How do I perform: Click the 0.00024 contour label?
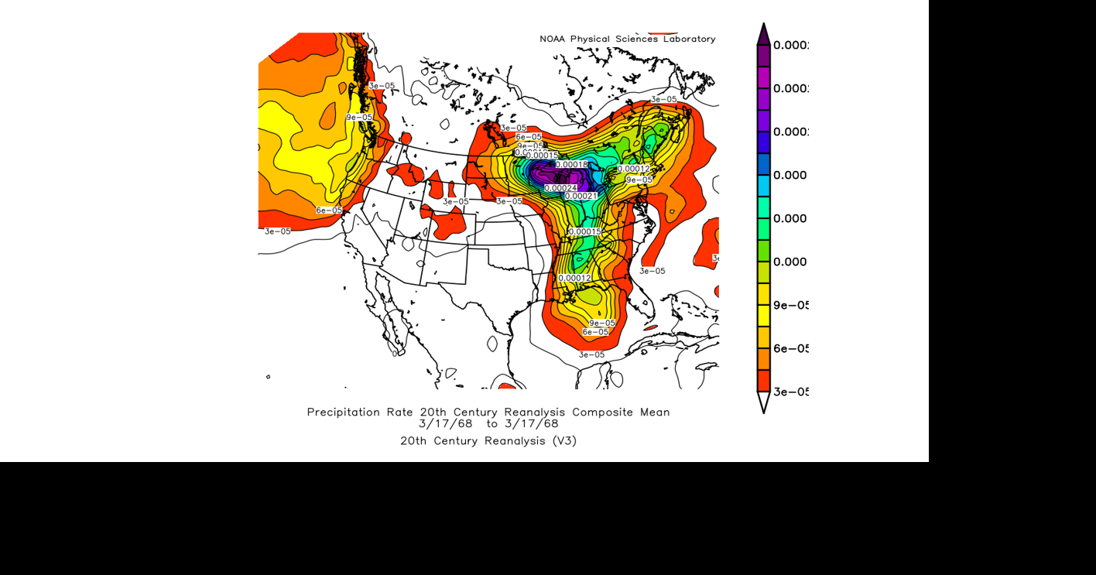tap(560, 188)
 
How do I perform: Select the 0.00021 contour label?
tap(581, 197)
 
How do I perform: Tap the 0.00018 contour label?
tap(571, 165)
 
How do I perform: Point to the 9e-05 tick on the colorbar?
tap(790, 306)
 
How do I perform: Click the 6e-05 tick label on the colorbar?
tap(790, 349)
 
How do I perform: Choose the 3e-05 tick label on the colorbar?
tap(790, 392)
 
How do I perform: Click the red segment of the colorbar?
tap(763, 381)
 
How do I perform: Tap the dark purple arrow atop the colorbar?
tap(763, 35)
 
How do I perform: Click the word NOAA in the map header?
tap(553, 39)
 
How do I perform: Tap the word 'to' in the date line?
tap(492, 424)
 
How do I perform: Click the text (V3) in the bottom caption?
tap(563, 441)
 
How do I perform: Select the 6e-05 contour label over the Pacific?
tap(328, 210)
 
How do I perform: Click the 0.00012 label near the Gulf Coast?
tap(574, 278)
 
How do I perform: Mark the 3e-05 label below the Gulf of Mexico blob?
tap(591, 355)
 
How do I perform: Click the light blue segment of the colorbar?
tap(763, 186)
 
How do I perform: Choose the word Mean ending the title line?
tap(655, 412)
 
